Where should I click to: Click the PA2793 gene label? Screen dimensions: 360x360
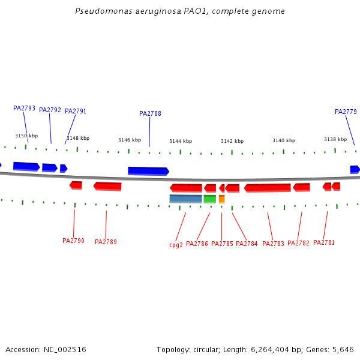click(24, 109)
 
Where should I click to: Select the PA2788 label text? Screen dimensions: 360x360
click(150, 114)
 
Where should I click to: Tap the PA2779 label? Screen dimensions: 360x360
click(346, 112)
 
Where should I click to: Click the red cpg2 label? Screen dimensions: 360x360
click(176, 245)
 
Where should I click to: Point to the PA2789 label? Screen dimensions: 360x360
click(106, 242)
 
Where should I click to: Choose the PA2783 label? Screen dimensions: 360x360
click(273, 244)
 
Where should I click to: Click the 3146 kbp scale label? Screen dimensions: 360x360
click(129, 140)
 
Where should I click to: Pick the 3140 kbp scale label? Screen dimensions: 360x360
click(284, 140)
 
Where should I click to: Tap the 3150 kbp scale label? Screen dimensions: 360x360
click(26, 136)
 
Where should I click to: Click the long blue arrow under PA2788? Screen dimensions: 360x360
click(148, 171)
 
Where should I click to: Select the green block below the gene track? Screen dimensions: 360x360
click(209, 199)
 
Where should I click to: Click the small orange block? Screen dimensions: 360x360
click(222, 199)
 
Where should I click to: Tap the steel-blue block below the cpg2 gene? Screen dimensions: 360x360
click(185, 199)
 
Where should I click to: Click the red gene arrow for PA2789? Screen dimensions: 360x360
click(107, 186)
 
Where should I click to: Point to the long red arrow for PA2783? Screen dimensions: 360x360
click(268, 188)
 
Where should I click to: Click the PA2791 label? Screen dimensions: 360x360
click(76, 112)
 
